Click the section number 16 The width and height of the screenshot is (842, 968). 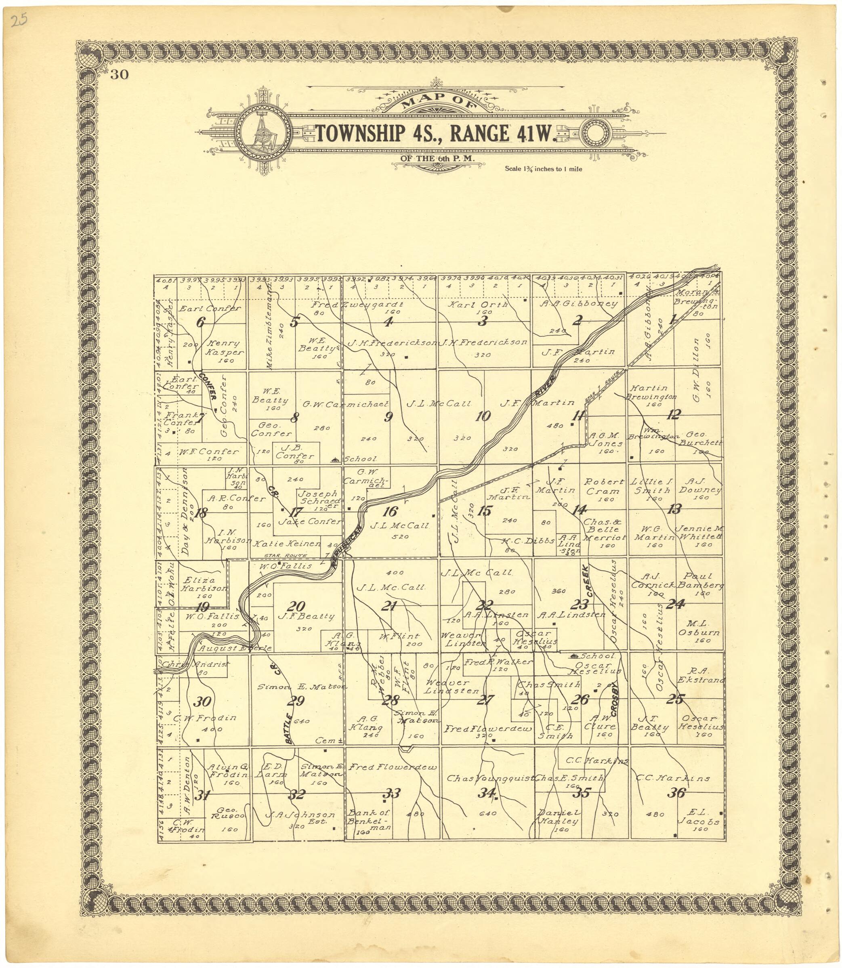coord(391,512)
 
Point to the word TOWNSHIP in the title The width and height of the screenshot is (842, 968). coord(360,133)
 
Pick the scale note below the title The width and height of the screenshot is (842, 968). coord(543,169)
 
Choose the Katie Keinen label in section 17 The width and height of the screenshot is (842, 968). coord(287,544)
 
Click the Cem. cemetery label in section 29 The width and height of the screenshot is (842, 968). coord(328,740)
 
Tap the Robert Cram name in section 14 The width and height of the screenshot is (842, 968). coord(604,486)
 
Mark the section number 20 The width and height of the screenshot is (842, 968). coord(298,606)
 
